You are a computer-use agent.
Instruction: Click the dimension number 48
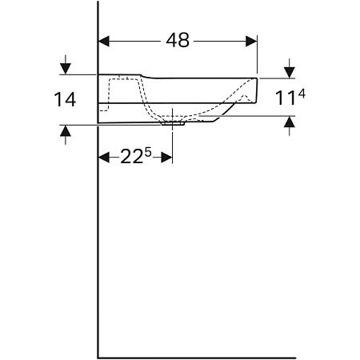(x=178, y=40)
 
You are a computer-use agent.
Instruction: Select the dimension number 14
(x=65, y=100)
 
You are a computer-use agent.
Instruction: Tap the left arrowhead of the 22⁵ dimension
(x=103, y=158)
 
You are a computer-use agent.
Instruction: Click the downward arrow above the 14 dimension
(x=65, y=67)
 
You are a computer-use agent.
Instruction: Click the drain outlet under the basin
(x=173, y=123)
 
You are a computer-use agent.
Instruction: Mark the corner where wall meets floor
(x=98, y=357)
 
